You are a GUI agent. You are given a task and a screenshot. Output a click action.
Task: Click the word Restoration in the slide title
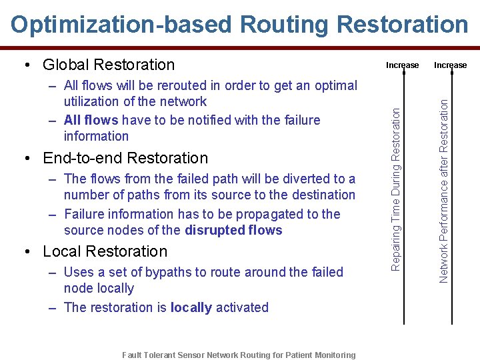coord(403,24)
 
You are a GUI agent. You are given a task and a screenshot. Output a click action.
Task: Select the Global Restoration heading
coord(108,65)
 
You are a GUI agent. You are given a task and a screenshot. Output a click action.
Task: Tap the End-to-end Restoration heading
coord(125,158)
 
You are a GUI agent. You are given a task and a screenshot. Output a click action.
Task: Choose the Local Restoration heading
coord(105,251)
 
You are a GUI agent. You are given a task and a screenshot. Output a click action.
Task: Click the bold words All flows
coord(91,120)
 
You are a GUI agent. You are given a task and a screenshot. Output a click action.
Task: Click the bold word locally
coord(191,307)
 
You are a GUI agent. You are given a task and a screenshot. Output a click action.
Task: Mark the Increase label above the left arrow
coord(403,65)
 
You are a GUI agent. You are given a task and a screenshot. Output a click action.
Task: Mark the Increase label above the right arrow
coord(451,65)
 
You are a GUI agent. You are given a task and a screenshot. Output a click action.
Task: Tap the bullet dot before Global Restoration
coord(25,65)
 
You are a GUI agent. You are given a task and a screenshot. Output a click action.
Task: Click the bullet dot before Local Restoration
coord(25,252)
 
